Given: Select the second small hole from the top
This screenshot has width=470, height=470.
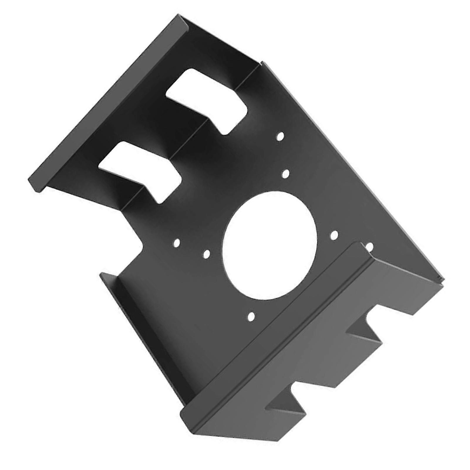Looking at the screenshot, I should click(x=285, y=174).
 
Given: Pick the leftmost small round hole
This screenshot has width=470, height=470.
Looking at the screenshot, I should click(x=177, y=242).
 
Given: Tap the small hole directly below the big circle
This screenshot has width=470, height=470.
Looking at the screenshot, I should click(x=251, y=316).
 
